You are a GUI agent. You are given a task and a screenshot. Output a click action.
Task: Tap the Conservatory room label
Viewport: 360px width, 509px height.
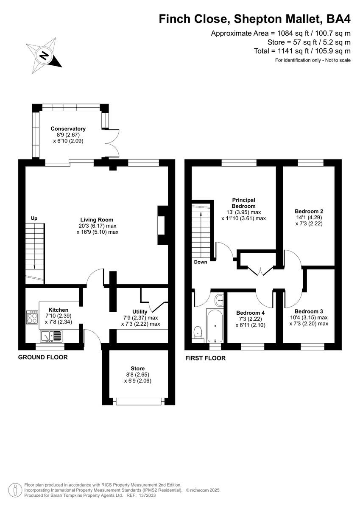point(68,129)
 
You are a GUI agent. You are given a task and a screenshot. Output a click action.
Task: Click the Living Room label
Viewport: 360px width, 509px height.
point(97,220)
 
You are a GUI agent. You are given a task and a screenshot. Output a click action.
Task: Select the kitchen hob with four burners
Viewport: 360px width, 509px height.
point(32,317)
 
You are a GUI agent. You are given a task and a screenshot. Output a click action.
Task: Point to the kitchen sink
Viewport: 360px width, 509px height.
point(51,336)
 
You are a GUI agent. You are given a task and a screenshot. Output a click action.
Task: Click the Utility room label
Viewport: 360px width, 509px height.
point(140,312)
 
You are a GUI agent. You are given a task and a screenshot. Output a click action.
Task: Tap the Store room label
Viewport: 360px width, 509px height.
point(137,369)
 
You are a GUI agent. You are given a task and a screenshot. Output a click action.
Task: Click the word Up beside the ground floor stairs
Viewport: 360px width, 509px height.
point(34,218)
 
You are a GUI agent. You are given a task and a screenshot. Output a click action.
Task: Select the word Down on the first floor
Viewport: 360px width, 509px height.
point(201,262)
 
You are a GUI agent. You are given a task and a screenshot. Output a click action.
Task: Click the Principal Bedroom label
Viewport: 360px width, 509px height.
point(243,203)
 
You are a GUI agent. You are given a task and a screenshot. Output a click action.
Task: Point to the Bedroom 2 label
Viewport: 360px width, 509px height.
point(309,211)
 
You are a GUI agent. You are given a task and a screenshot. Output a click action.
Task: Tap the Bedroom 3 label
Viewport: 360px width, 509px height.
point(309,311)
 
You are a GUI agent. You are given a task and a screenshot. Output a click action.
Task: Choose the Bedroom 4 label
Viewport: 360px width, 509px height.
point(250,313)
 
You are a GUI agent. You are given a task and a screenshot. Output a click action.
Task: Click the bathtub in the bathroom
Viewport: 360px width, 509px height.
point(216,326)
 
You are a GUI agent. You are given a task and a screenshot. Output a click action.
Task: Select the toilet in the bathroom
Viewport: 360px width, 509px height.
point(198,332)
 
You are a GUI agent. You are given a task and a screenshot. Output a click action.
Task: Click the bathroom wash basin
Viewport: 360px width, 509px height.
point(219,300)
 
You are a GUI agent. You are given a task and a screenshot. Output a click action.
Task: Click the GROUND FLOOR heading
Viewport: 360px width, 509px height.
point(43,358)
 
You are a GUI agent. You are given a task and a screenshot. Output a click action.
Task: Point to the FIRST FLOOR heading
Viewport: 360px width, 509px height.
point(205,358)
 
